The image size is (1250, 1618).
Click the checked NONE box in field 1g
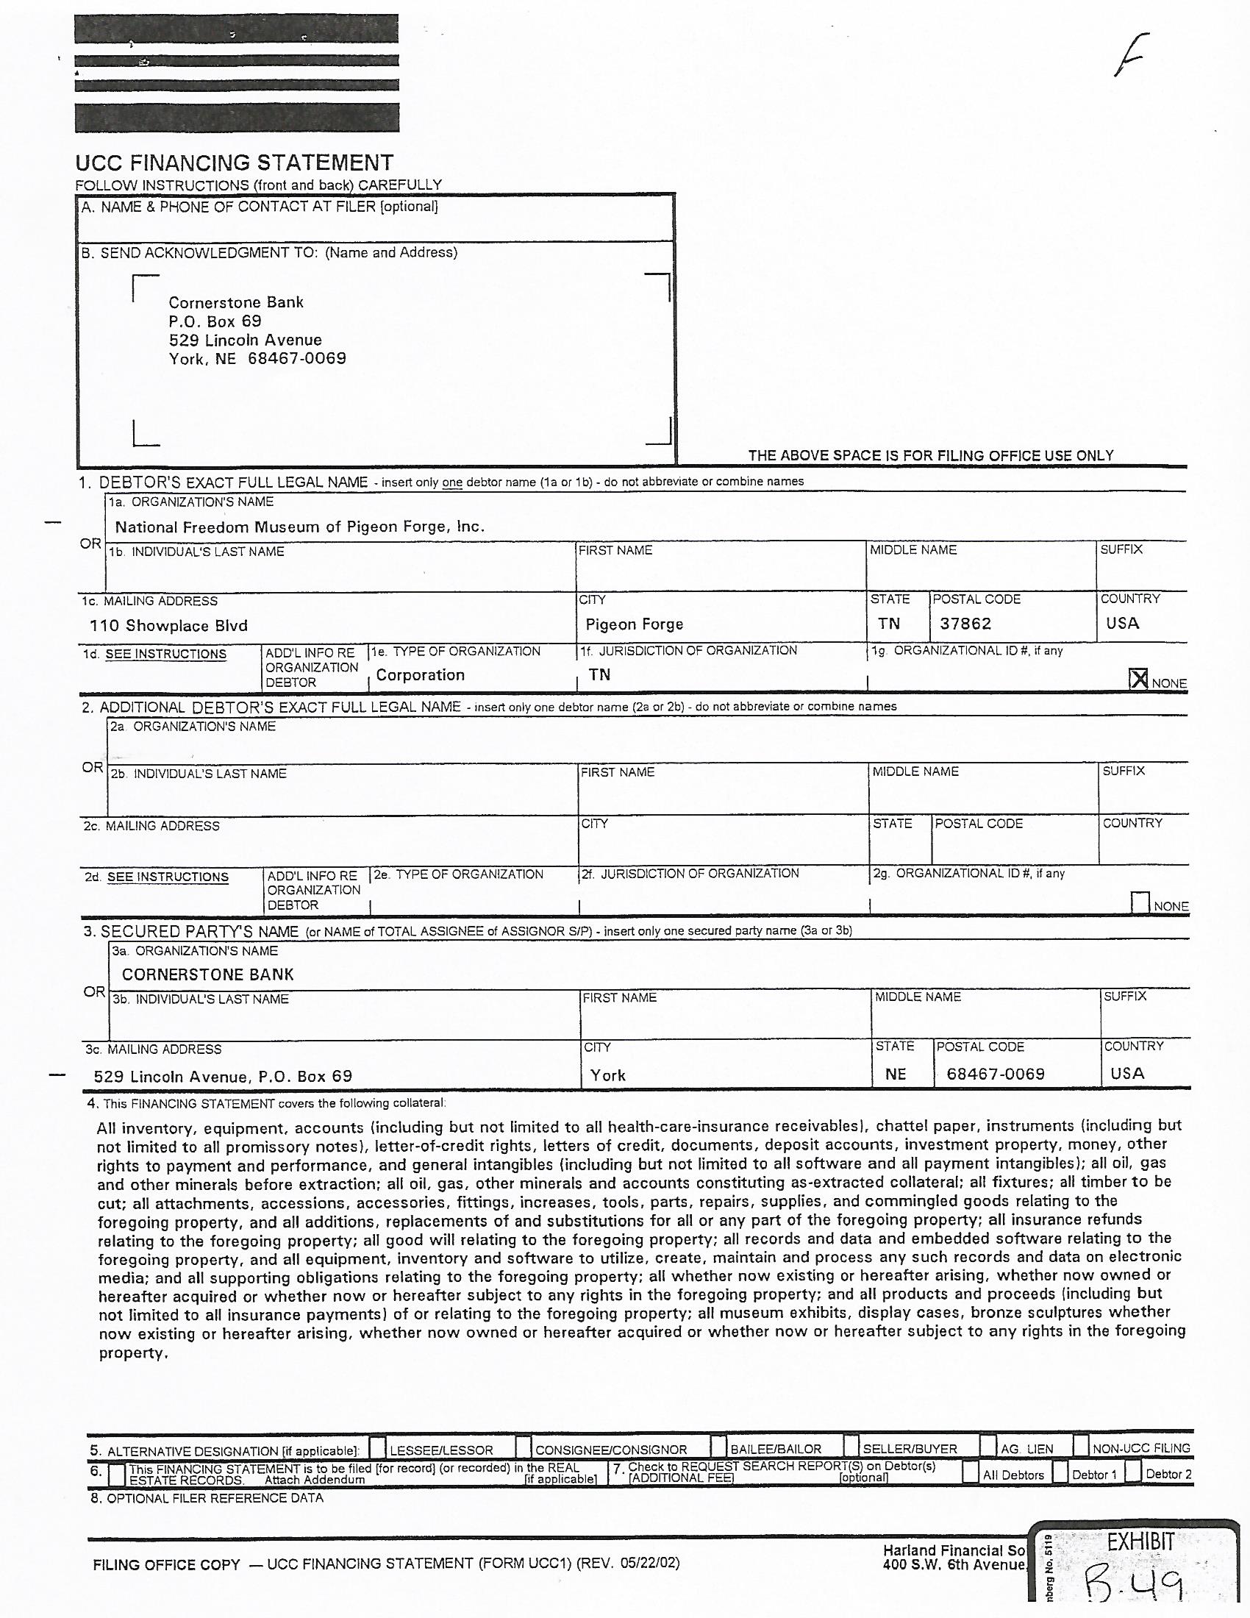tap(1139, 679)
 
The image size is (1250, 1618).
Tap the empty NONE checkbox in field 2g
tap(1140, 902)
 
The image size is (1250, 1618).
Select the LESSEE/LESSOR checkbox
tap(378, 1447)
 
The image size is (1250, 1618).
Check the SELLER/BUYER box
tap(851, 1447)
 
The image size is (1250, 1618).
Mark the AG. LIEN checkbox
tap(988, 1447)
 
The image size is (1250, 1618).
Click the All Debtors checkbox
tap(970, 1473)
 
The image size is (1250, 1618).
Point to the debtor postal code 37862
tap(965, 624)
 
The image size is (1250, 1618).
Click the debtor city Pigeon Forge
tap(634, 624)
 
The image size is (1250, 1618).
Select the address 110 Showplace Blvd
tap(168, 626)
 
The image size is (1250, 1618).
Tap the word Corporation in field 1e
tap(420, 675)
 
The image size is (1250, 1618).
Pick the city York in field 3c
tap(607, 1075)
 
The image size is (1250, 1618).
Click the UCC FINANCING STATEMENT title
tap(234, 163)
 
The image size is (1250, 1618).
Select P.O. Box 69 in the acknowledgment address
tap(215, 321)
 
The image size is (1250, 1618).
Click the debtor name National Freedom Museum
tap(299, 527)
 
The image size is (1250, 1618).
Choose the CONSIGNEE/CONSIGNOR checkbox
tap(524, 1447)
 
